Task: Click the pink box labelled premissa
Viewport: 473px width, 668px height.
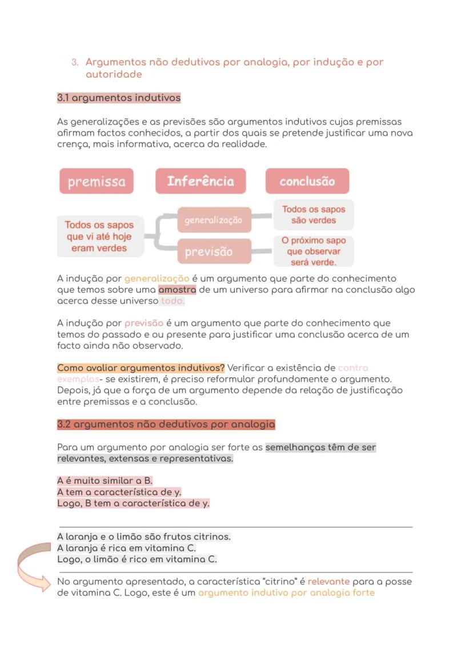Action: pyautogui.click(x=96, y=181)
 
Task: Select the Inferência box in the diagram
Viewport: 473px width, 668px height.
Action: pyautogui.click(x=201, y=181)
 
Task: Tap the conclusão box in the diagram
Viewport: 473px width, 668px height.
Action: pyautogui.click(x=307, y=181)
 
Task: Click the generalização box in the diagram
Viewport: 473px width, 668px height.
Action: pyautogui.click(x=214, y=220)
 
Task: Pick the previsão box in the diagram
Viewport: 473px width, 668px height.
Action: pyautogui.click(x=214, y=251)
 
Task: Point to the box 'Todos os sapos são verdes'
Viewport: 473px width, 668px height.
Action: pyautogui.click(x=314, y=215)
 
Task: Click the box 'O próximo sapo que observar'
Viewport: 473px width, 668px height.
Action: pyautogui.click(x=314, y=251)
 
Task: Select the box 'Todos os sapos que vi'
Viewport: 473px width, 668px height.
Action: pyautogui.click(x=99, y=237)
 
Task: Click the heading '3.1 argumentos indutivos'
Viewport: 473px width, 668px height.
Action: pyautogui.click(x=119, y=98)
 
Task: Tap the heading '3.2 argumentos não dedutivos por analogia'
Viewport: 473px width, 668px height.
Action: pyautogui.click(x=166, y=424)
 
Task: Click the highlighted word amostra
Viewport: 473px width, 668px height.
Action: pyautogui.click(x=177, y=290)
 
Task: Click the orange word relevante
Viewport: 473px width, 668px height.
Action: pyautogui.click(x=328, y=581)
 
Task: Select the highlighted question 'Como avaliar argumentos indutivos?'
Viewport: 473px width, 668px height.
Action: pyautogui.click(x=141, y=367)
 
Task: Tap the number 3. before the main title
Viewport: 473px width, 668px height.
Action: pyautogui.click(x=75, y=62)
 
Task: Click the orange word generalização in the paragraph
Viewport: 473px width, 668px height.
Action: pyautogui.click(x=157, y=278)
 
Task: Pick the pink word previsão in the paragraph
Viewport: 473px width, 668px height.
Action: pyautogui.click(x=144, y=323)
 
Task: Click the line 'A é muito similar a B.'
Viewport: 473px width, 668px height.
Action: pyautogui.click(x=105, y=481)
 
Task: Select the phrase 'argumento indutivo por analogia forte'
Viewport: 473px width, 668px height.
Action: pyautogui.click(x=286, y=593)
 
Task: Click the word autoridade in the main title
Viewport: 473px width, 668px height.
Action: pyautogui.click(x=114, y=74)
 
